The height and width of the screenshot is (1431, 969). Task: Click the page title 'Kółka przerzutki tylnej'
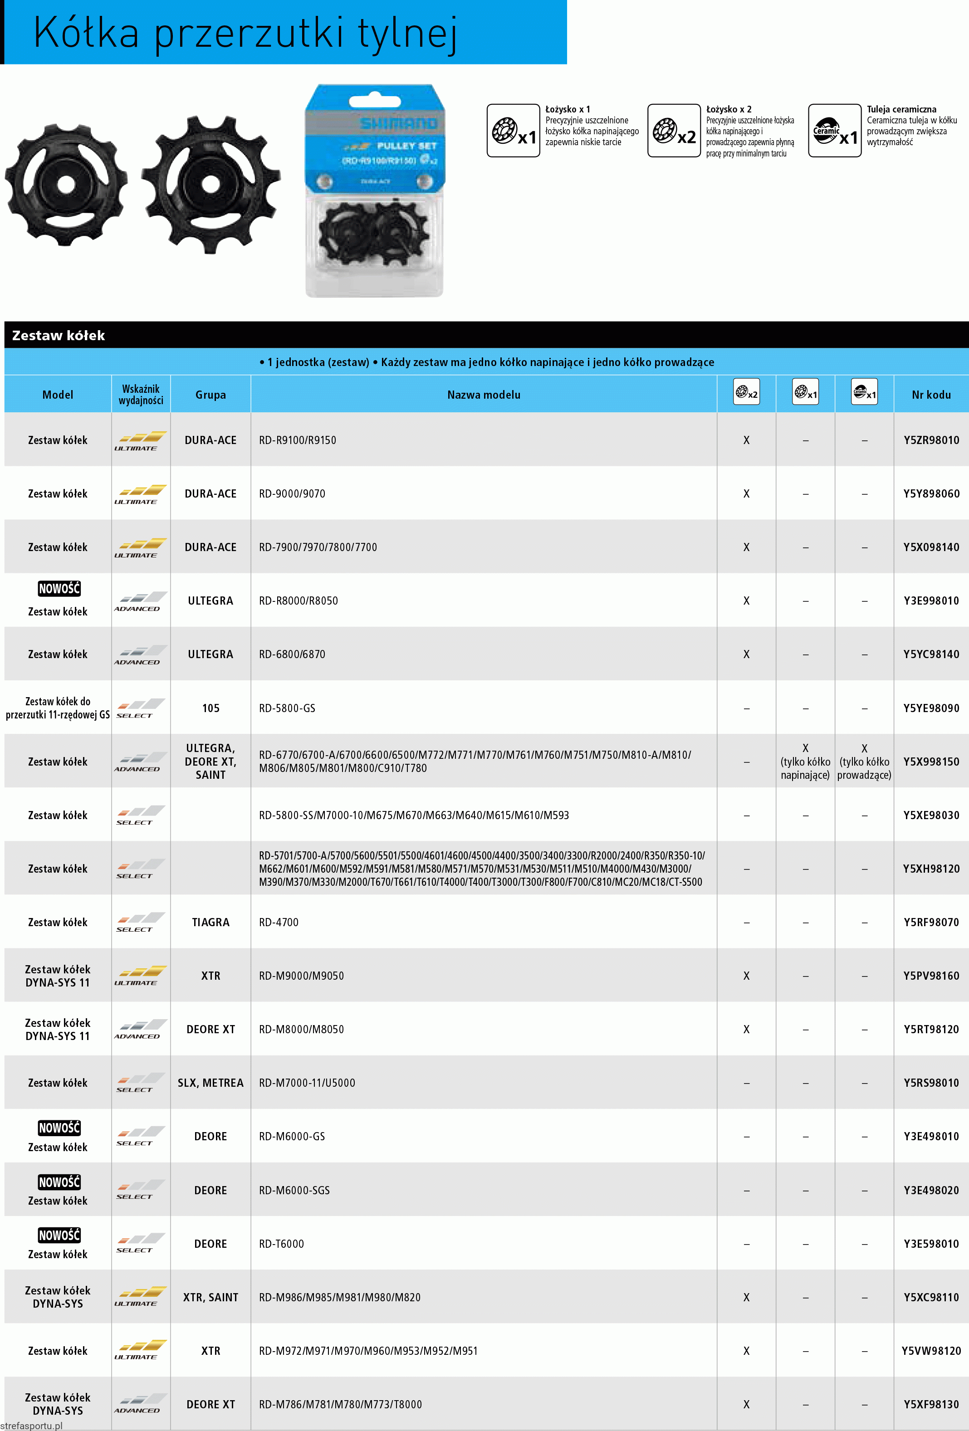[x=245, y=33]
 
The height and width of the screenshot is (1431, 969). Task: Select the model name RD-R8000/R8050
[x=298, y=601]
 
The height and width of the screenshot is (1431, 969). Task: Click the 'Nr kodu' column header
[x=931, y=395]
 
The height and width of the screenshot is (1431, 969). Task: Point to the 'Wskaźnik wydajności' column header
[x=141, y=395]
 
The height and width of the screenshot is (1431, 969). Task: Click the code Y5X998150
[x=931, y=762]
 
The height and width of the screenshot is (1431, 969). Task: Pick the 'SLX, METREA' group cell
[x=210, y=1083]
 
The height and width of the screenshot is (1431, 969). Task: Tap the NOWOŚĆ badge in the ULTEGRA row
[x=59, y=589]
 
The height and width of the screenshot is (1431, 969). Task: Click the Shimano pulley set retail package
[x=375, y=191]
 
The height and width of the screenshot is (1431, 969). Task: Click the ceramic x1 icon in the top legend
[x=835, y=131]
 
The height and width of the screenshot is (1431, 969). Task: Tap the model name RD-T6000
[x=282, y=1244]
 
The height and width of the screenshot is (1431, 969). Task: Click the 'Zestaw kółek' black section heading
[x=59, y=336]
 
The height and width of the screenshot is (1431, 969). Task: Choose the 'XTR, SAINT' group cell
[x=210, y=1297]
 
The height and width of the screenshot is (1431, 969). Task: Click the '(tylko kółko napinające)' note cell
[x=805, y=768]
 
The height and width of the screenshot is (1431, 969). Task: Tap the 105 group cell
[x=210, y=708]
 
